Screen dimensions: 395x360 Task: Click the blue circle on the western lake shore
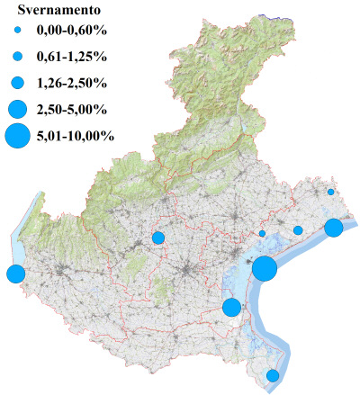tap(14, 274)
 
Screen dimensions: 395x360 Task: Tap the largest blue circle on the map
tap(264, 268)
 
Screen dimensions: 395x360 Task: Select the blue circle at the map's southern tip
tap(273, 375)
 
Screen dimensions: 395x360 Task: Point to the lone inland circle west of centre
tap(158, 238)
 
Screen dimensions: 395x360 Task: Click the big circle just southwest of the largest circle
tap(231, 307)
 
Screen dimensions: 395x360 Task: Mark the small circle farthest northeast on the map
tap(330, 192)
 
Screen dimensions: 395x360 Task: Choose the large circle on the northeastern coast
tap(333, 227)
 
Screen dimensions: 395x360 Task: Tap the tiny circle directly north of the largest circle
tap(262, 234)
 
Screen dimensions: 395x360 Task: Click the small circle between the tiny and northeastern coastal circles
tap(298, 230)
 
